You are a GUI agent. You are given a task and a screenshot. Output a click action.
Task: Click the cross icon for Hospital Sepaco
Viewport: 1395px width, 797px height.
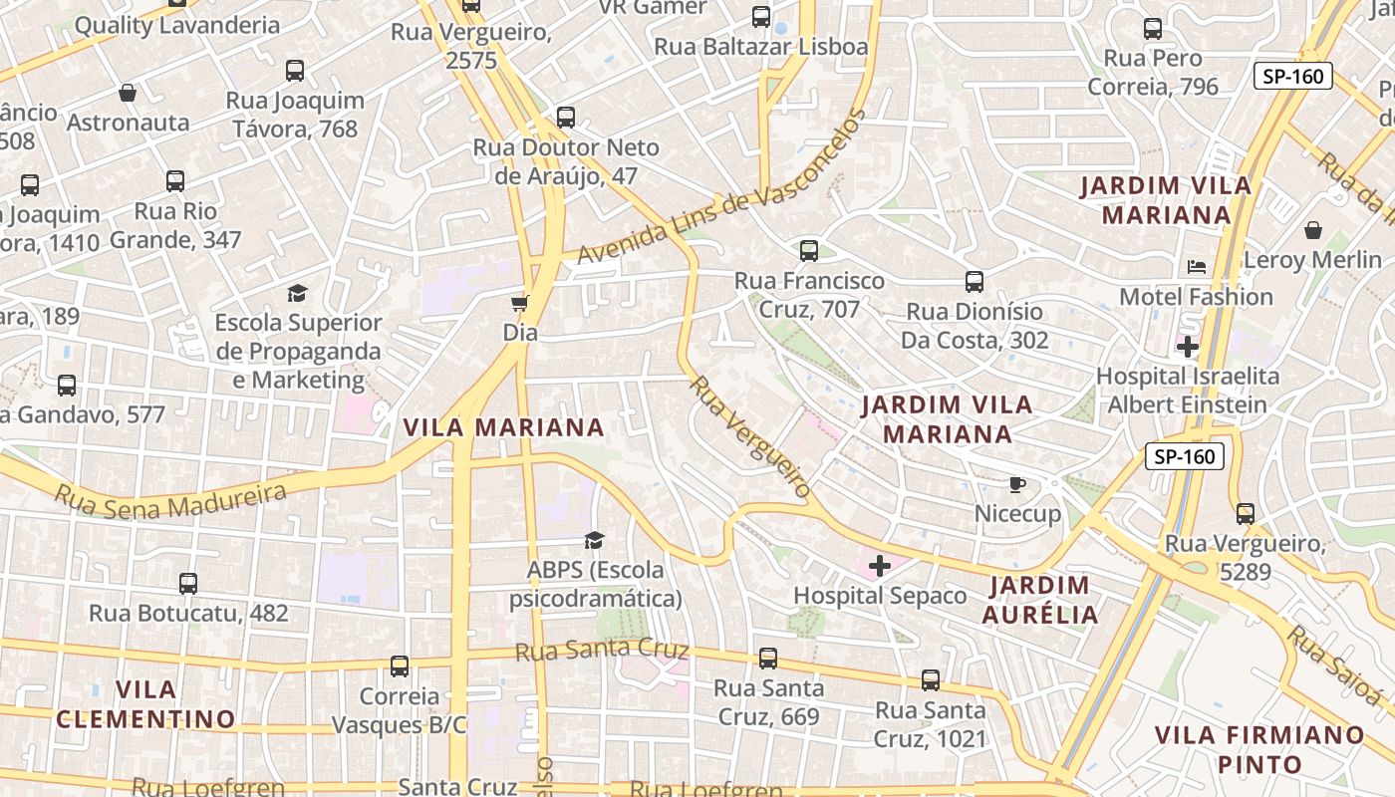(880, 566)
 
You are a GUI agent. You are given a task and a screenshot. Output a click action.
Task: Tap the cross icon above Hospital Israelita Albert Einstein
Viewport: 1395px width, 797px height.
(1188, 347)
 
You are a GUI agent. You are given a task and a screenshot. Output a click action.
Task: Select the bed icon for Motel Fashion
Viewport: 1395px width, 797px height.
(1197, 267)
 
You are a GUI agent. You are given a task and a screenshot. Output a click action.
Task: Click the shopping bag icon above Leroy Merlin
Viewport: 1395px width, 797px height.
(1313, 230)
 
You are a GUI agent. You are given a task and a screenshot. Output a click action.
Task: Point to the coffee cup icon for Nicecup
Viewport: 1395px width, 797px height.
(1016, 484)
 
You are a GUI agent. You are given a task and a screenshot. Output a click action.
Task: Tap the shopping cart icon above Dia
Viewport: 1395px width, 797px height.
(519, 303)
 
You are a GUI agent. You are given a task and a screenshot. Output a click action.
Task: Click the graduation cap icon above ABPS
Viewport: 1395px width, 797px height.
(595, 540)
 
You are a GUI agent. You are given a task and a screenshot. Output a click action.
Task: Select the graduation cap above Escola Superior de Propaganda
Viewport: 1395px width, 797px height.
(298, 293)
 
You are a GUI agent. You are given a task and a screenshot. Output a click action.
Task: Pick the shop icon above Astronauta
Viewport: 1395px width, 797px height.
(128, 93)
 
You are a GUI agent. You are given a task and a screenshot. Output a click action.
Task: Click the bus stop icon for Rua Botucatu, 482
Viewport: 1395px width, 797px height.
(188, 584)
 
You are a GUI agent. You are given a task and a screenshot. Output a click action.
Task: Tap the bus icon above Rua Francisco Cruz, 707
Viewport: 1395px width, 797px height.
(809, 251)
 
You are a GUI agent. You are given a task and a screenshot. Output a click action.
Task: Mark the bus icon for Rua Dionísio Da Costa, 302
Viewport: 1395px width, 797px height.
(975, 282)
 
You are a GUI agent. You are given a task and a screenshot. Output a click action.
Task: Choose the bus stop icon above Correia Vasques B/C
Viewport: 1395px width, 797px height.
(400, 666)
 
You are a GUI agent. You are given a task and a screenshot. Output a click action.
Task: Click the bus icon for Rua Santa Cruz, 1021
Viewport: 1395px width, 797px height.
(931, 680)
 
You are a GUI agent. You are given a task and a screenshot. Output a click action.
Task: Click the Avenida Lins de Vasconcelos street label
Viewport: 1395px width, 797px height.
(722, 191)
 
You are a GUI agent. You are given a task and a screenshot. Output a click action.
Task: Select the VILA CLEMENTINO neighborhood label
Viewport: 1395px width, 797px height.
(145, 703)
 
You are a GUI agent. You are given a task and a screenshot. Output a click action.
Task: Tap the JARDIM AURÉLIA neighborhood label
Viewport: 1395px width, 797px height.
(1039, 599)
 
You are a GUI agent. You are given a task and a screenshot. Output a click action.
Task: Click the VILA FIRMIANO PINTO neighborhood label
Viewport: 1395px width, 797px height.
(1259, 749)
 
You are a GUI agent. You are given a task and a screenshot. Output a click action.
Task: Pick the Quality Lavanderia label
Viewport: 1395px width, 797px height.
(177, 25)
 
